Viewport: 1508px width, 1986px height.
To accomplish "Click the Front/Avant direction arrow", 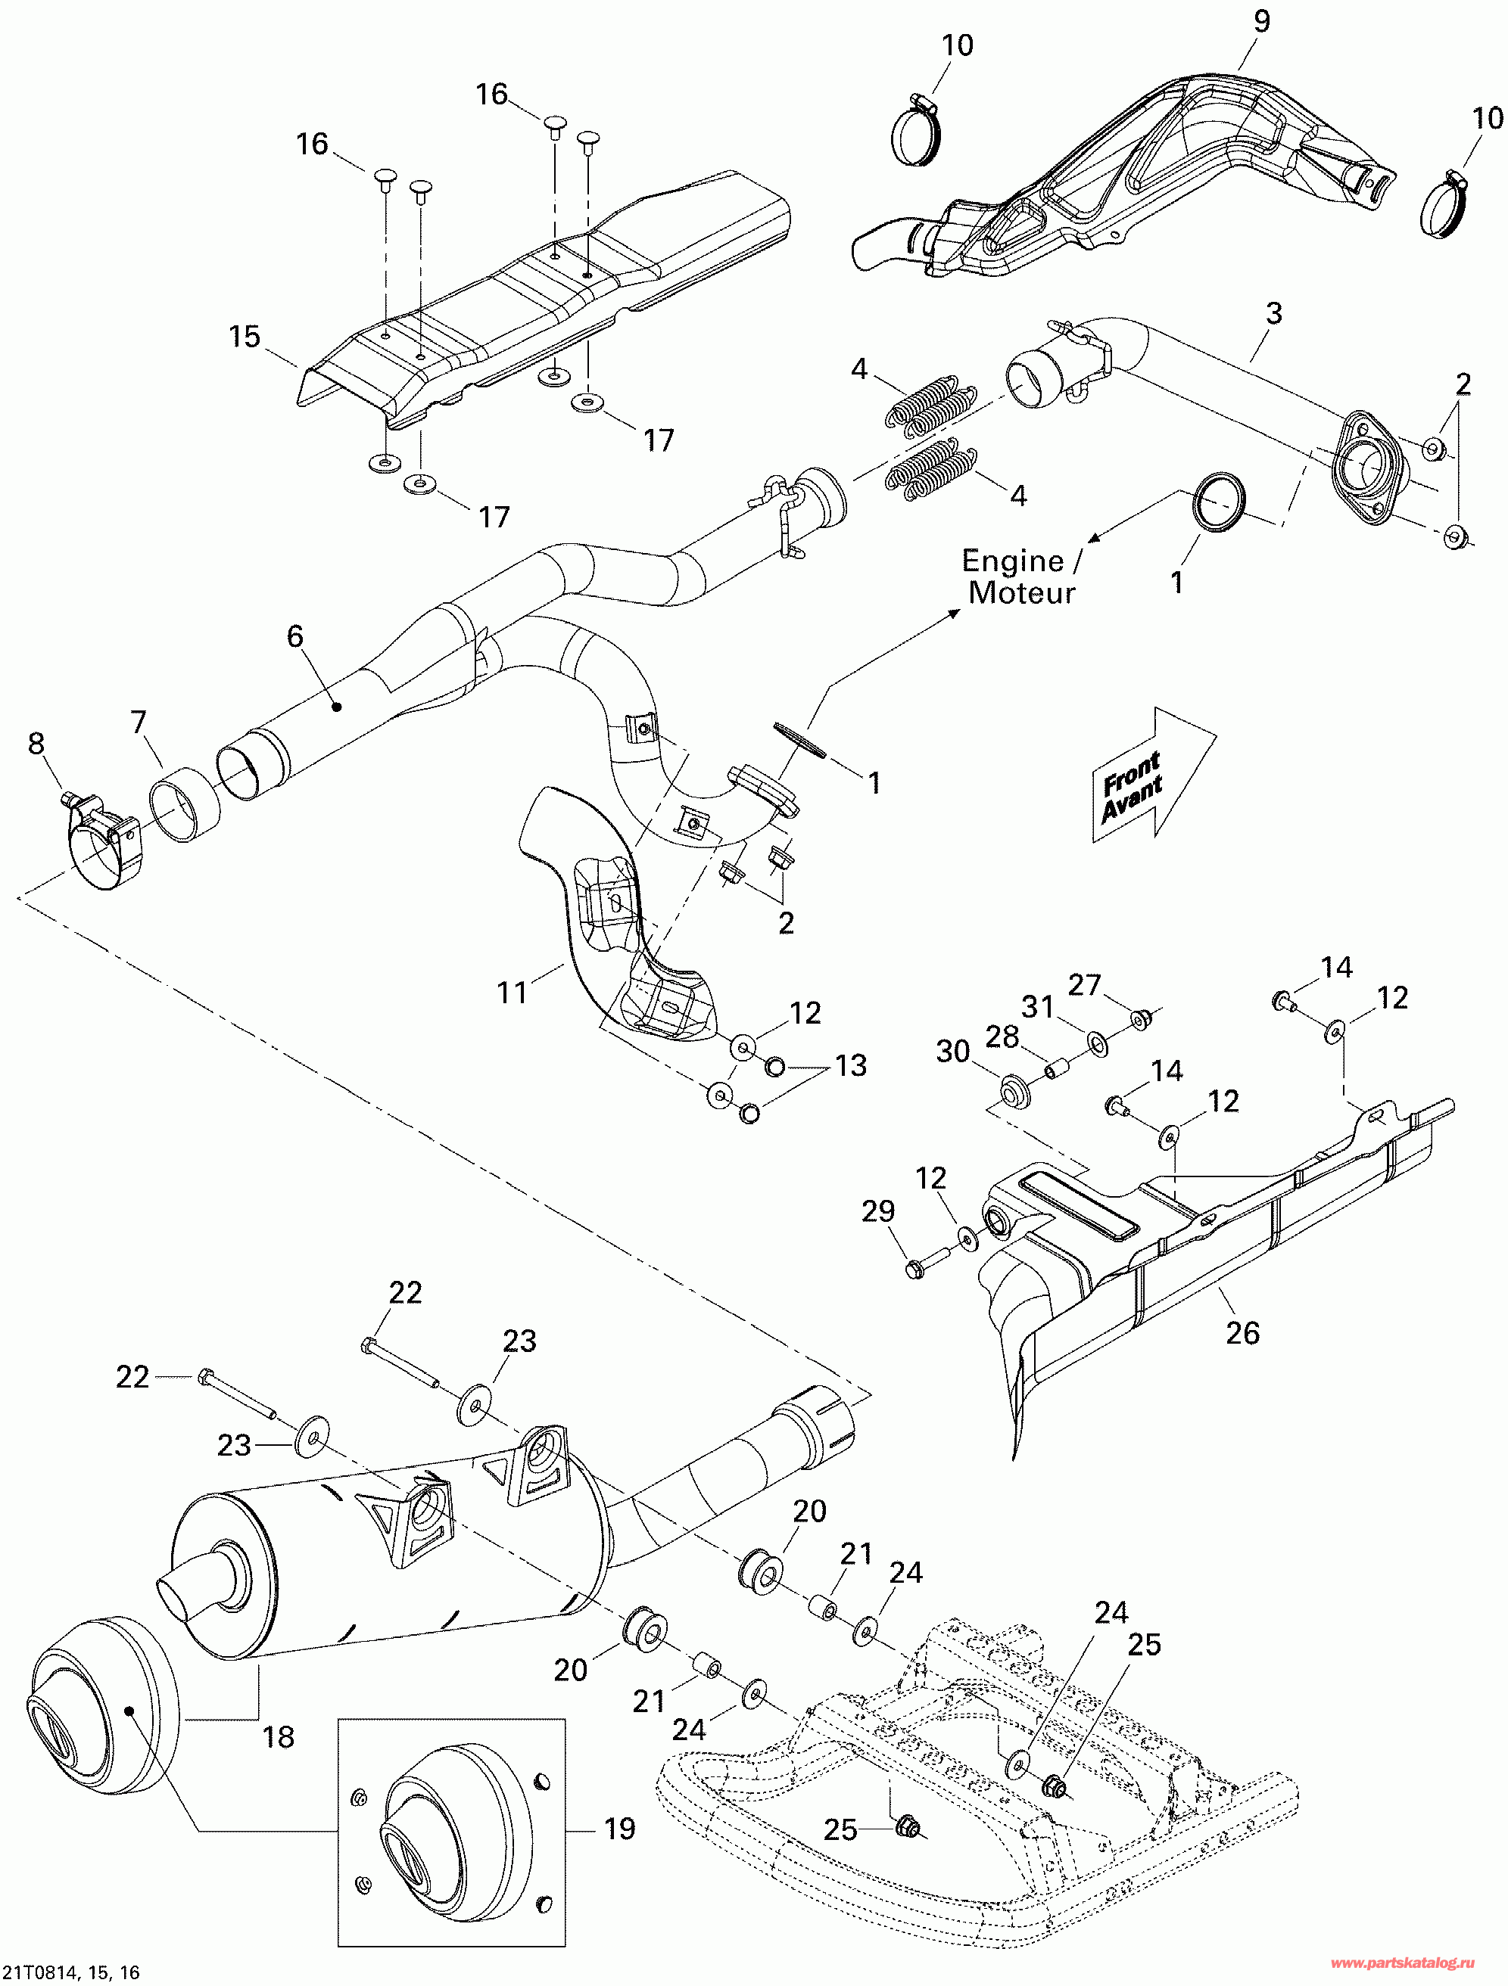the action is tap(1152, 775).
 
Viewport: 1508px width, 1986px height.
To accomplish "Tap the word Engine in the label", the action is tap(1012, 561).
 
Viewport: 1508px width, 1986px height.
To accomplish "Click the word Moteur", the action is tap(1021, 592).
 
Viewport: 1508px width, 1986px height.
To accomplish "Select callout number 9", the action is tap(1262, 20).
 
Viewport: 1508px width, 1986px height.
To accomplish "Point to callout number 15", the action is tap(245, 337).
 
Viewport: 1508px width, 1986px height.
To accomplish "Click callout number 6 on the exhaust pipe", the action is tap(295, 636).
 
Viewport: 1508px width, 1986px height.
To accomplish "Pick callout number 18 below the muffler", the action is tap(278, 1736).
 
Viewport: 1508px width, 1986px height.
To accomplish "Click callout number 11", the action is tap(512, 992).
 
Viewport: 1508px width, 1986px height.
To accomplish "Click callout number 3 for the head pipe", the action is tap(1273, 313).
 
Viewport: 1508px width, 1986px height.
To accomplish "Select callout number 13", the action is tap(851, 1066).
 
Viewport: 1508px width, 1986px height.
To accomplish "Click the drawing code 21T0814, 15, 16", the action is tap(70, 1972).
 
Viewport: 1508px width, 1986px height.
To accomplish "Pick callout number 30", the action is tap(953, 1052).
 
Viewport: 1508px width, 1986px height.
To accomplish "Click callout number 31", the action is tap(1037, 1006).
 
